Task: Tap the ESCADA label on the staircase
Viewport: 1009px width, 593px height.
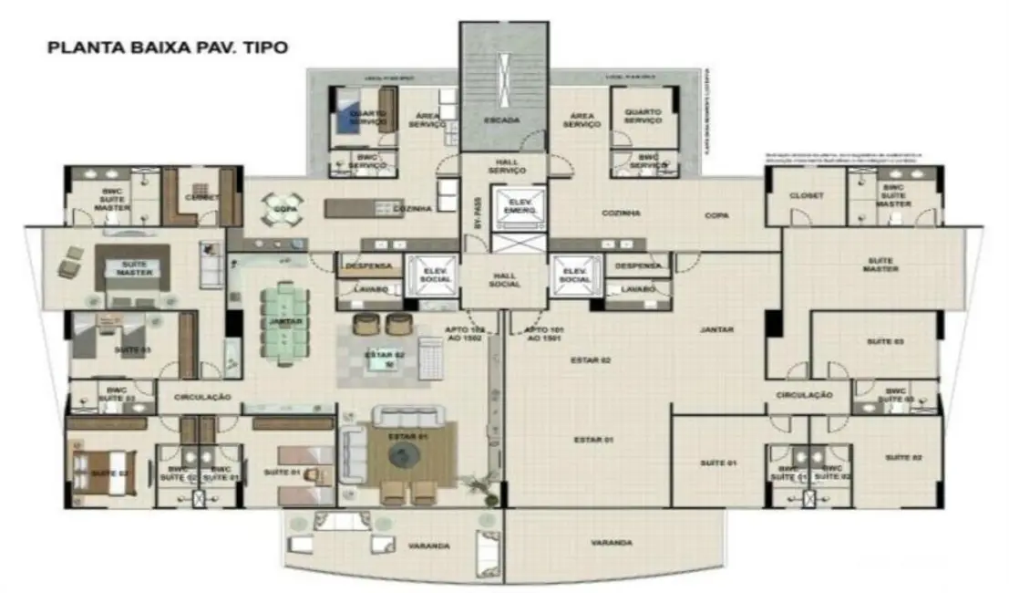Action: tap(503, 120)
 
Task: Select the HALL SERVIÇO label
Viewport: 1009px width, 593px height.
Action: tap(507, 166)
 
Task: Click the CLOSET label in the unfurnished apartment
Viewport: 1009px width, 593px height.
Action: tap(806, 195)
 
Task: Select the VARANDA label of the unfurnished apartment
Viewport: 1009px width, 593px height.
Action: tap(611, 542)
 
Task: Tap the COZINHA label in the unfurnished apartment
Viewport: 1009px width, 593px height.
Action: tap(622, 213)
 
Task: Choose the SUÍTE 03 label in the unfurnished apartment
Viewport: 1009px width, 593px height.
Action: tap(884, 341)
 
